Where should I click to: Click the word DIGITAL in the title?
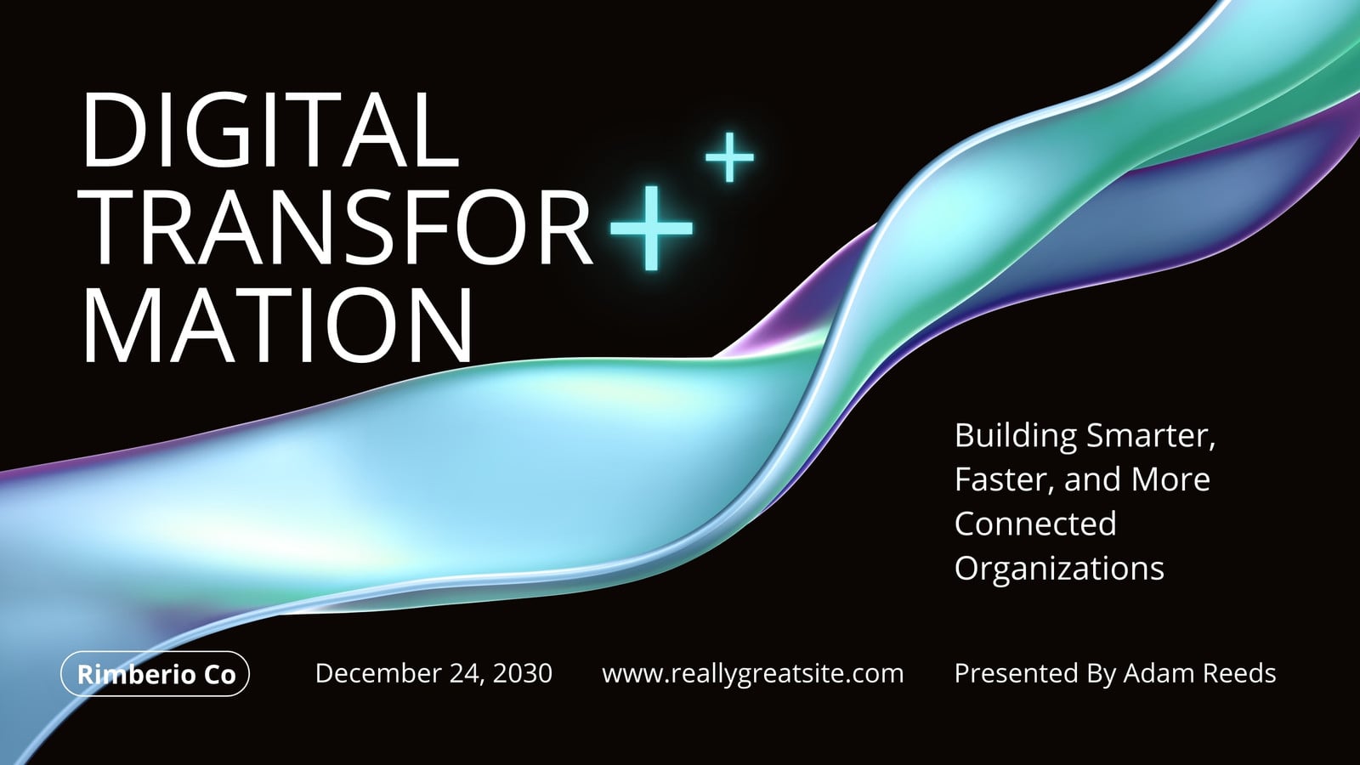pyautogui.click(x=271, y=129)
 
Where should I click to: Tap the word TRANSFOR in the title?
pyautogui.click(x=337, y=227)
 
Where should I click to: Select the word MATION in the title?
pyautogui.click(x=277, y=324)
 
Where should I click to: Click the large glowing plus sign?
pyautogui.click(x=651, y=228)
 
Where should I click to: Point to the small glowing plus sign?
pyautogui.click(x=729, y=157)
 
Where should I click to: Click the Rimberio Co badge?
pyautogui.click(x=155, y=673)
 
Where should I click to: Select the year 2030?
pyautogui.click(x=522, y=673)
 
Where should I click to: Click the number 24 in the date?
pyautogui.click(x=467, y=674)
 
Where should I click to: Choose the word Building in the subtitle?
pyautogui.click(x=1016, y=437)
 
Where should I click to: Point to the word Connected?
pyautogui.click(x=1035, y=524)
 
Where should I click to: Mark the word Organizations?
pyautogui.click(x=1059, y=569)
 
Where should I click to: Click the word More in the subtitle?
pyautogui.click(x=1170, y=479)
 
